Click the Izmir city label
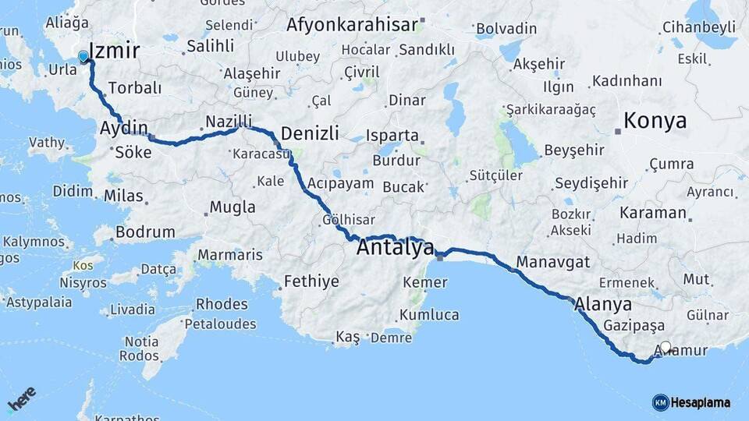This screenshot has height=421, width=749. point(115,51)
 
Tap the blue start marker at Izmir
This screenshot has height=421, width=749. point(83,56)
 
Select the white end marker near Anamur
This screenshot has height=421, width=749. point(666,347)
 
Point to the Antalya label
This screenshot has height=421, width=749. point(395,249)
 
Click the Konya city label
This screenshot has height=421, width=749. point(655,121)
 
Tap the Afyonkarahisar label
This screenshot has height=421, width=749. point(352,24)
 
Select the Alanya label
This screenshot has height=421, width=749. point(603,304)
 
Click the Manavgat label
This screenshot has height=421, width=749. point(553,262)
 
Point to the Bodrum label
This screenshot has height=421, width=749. point(145,232)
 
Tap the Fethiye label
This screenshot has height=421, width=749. point(311,281)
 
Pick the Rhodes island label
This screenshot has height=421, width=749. point(222,304)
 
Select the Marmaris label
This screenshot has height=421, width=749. point(230,255)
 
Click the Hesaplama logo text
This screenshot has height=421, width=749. point(700,402)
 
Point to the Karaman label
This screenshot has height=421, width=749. point(653,212)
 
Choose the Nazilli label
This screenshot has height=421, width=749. point(229,122)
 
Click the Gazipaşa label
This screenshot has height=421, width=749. point(634,325)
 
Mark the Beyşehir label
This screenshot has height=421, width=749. point(575,150)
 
